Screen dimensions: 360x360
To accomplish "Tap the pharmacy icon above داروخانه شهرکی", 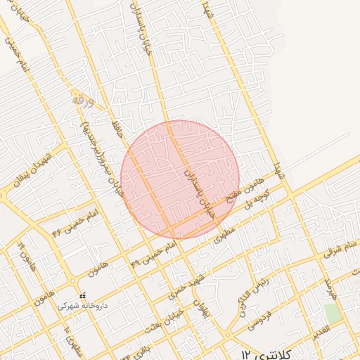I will (83, 295).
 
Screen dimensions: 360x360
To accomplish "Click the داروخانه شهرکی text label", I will (83, 307).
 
